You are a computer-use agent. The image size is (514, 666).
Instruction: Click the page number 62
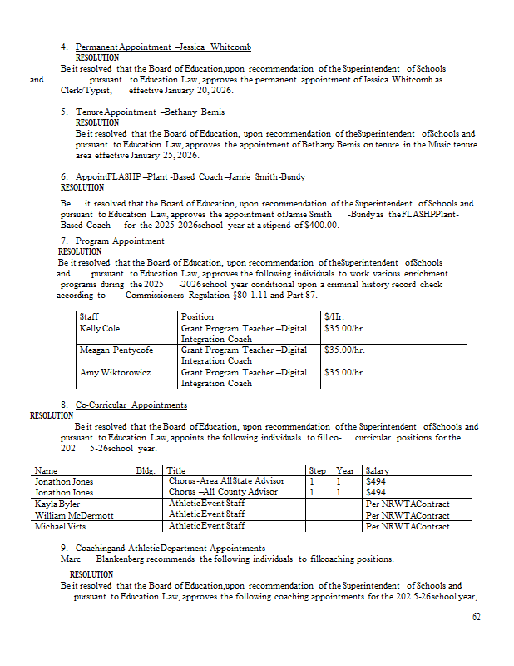[476, 617]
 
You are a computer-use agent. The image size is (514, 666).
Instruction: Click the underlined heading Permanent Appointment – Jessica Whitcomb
[163, 47]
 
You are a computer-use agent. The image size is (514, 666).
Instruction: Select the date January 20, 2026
[197, 90]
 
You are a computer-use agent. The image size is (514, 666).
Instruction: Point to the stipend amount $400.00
[323, 225]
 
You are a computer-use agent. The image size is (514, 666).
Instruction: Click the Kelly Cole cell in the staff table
[100, 329]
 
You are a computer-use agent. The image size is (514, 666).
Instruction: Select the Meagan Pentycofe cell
[116, 350]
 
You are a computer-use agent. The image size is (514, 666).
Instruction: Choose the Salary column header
[378, 470]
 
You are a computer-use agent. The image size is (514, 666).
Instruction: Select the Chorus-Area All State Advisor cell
[226, 481]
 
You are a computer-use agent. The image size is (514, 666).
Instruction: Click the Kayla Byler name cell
[57, 504]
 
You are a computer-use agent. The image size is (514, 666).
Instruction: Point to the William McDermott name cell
[74, 515]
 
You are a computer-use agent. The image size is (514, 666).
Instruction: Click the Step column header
[318, 470]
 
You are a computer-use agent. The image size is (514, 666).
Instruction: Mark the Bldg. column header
[146, 470]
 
